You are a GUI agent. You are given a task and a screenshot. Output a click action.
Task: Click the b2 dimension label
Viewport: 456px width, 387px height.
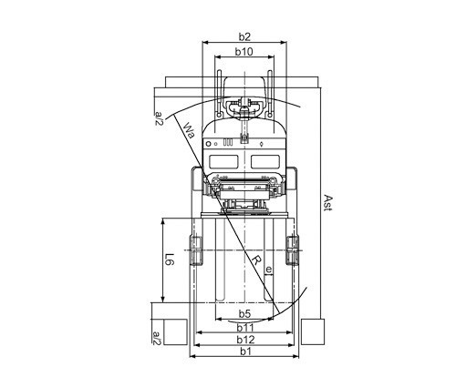click(244, 36)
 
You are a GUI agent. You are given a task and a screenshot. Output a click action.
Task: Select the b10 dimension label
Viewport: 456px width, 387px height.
click(244, 52)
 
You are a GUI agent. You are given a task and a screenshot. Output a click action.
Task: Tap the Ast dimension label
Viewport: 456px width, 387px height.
click(327, 202)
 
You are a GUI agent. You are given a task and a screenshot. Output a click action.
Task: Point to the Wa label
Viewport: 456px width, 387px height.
click(190, 130)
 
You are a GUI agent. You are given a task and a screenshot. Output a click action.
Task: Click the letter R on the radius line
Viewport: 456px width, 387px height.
click(257, 260)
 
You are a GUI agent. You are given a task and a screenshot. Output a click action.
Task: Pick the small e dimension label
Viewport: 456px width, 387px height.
click(269, 270)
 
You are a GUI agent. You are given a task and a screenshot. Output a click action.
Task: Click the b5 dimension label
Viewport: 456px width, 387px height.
click(244, 313)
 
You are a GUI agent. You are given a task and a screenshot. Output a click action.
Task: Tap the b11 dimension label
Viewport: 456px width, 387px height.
click(245, 328)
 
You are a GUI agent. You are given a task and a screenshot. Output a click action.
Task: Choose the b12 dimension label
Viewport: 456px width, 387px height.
click(245, 340)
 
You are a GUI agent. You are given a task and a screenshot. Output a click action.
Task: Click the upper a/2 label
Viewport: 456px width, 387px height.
click(160, 118)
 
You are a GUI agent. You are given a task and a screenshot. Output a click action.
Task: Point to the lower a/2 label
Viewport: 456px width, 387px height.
click(156, 338)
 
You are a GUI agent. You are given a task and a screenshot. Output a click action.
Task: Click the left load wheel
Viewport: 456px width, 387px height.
click(196, 250)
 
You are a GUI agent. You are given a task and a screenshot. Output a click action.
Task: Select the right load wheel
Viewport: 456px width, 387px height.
click(292, 250)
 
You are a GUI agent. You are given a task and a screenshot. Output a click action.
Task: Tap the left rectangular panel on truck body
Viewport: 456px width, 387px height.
click(223, 161)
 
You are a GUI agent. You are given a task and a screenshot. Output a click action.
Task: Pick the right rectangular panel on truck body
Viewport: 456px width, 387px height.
click(265, 161)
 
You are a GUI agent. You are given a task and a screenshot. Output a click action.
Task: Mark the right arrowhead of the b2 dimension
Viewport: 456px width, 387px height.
click(284, 43)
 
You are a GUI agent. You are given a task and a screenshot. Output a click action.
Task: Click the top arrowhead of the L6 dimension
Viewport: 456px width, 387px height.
click(163, 221)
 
